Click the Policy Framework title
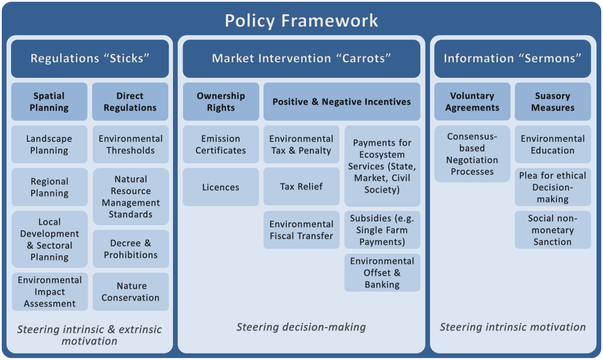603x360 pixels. coord(301,20)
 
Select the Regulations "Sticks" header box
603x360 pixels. coord(90,59)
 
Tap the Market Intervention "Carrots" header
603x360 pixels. coord(301,59)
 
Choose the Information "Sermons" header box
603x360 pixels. coord(512,59)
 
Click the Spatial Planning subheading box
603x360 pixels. coord(49,102)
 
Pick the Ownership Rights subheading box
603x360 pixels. coord(220,102)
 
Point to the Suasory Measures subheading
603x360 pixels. coord(553,102)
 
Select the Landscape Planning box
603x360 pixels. coord(49,144)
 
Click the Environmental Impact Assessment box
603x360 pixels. coord(50,292)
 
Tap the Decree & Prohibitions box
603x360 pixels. coord(130,249)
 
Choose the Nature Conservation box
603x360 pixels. coord(130,292)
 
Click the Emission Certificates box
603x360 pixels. coord(220,144)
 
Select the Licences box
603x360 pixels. coord(220,187)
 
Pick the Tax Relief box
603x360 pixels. coord(301,187)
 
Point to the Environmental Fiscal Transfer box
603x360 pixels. coord(301,230)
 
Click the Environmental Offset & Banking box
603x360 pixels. coord(382,273)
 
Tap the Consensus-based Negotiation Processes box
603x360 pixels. coord(472,154)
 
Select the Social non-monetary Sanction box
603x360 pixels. coord(553,230)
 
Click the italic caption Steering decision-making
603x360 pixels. coord(301,327)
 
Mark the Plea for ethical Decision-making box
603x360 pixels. coord(553,187)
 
